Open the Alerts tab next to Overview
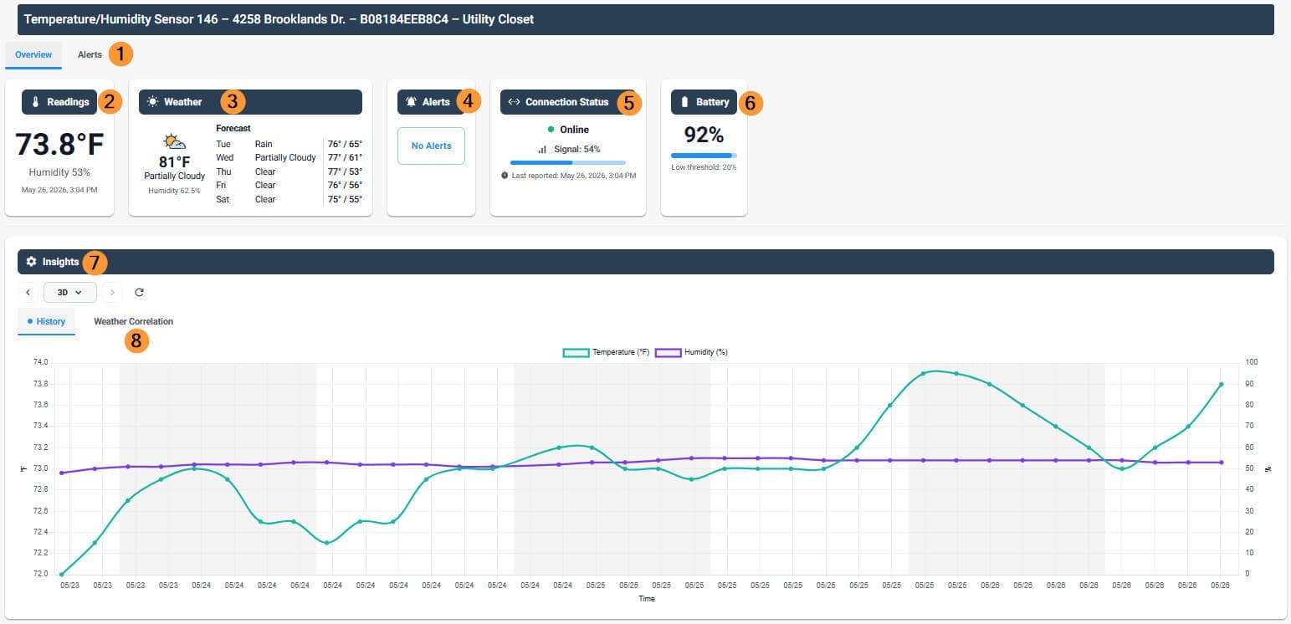90,54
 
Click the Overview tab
33,54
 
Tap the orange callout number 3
233,102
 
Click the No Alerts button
431,146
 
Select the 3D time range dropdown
69,293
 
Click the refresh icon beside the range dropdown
139,293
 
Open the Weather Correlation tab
133,321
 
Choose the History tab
46,321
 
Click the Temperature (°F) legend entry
606,352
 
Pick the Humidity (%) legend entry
691,352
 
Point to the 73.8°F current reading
59,144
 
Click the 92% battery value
704,135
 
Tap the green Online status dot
551,129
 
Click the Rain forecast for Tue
264,144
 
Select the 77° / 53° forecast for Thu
345,171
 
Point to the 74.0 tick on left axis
40,362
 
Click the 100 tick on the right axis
1251,362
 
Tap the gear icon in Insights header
31,262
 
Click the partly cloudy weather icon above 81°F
174,141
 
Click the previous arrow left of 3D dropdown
28,293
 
